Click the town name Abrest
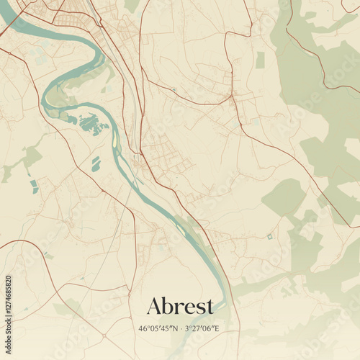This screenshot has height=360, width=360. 180,305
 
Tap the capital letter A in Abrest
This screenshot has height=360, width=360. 153,305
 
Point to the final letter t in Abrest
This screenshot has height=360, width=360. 210,306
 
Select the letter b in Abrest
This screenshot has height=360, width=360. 168,305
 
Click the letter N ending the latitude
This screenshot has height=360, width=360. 174,329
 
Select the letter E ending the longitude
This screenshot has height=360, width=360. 216,329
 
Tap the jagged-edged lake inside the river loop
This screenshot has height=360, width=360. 92,124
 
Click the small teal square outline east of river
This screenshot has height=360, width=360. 269,236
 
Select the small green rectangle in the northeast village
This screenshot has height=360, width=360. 260,60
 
